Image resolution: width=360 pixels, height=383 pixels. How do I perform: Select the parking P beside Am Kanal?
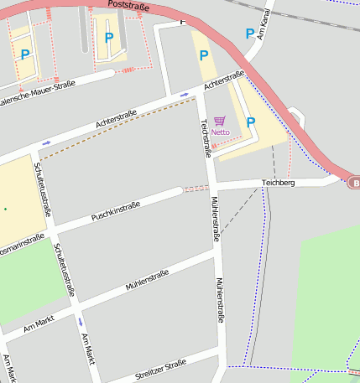(249, 34)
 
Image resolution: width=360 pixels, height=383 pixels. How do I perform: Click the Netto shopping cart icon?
(220, 121)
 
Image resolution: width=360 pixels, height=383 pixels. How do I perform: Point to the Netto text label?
(220, 132)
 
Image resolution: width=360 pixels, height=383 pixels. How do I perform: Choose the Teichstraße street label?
(205, 137)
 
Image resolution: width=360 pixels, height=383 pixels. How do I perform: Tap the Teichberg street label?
(278, 182)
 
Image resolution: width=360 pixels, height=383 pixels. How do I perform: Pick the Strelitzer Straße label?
(159, 370)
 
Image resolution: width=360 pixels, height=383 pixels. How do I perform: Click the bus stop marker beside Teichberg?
(354, 183)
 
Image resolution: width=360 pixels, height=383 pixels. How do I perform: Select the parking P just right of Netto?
(250, 122)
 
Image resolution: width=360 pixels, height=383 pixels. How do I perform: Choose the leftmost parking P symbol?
(25, 54)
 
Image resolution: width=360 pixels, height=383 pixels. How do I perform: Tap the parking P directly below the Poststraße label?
(108, 37)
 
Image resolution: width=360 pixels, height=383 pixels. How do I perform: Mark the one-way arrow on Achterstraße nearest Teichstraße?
(184, 95)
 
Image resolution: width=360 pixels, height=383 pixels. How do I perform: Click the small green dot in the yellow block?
(4, 209)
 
